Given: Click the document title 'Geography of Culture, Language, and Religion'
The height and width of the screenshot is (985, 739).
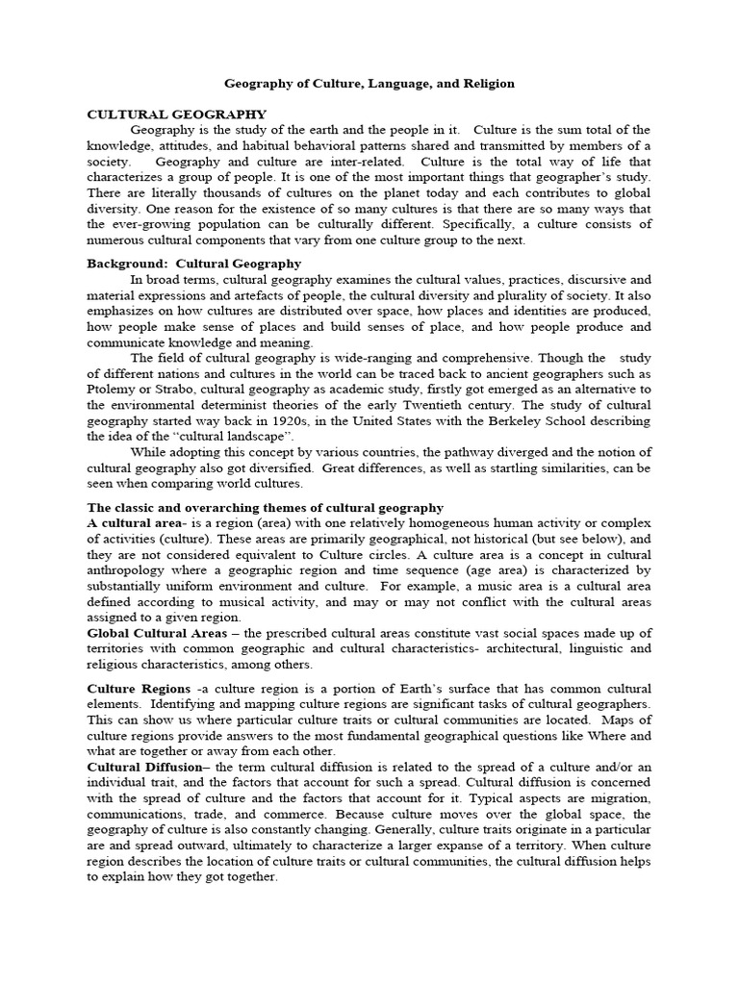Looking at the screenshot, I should click(369, 84).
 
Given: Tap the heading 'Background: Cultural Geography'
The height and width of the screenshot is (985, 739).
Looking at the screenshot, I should click(194, 263).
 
